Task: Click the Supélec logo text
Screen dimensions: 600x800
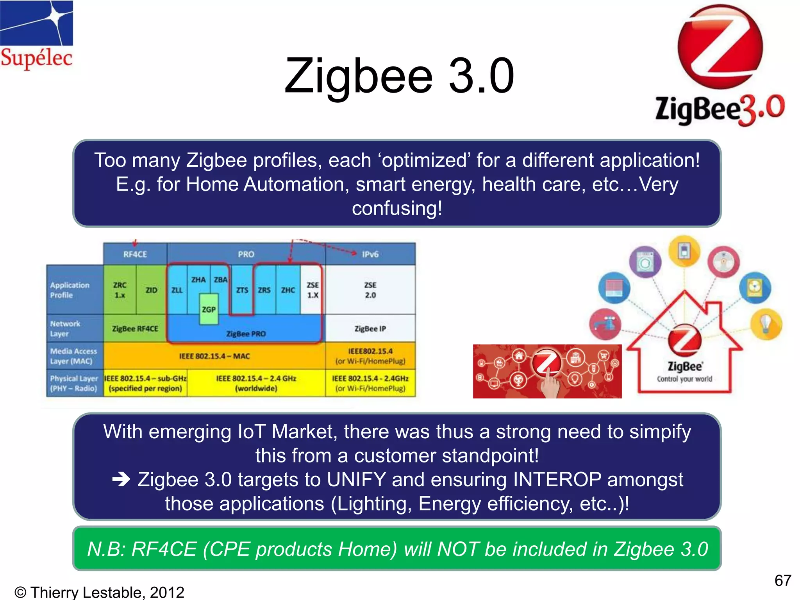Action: pos(36,58)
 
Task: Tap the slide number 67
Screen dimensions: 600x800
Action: pos(782,581)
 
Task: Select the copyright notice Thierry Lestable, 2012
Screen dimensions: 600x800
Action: pos(99,592)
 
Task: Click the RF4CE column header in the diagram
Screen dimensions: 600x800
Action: pos(135,254)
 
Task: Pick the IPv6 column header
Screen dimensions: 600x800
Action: pos(370,254)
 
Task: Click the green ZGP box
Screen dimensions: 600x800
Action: pos(209,309)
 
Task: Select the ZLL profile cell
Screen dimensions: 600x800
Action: pos(177,290)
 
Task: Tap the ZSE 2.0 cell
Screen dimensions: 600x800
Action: pos(370,290)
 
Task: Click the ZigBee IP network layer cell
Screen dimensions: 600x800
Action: pos(370,329)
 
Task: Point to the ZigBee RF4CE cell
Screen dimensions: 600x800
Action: pos(135,329)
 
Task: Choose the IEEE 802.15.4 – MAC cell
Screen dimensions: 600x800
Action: pos(214,356)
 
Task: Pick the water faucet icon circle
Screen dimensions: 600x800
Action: pos(605,324)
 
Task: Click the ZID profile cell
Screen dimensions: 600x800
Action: pos(151,290)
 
